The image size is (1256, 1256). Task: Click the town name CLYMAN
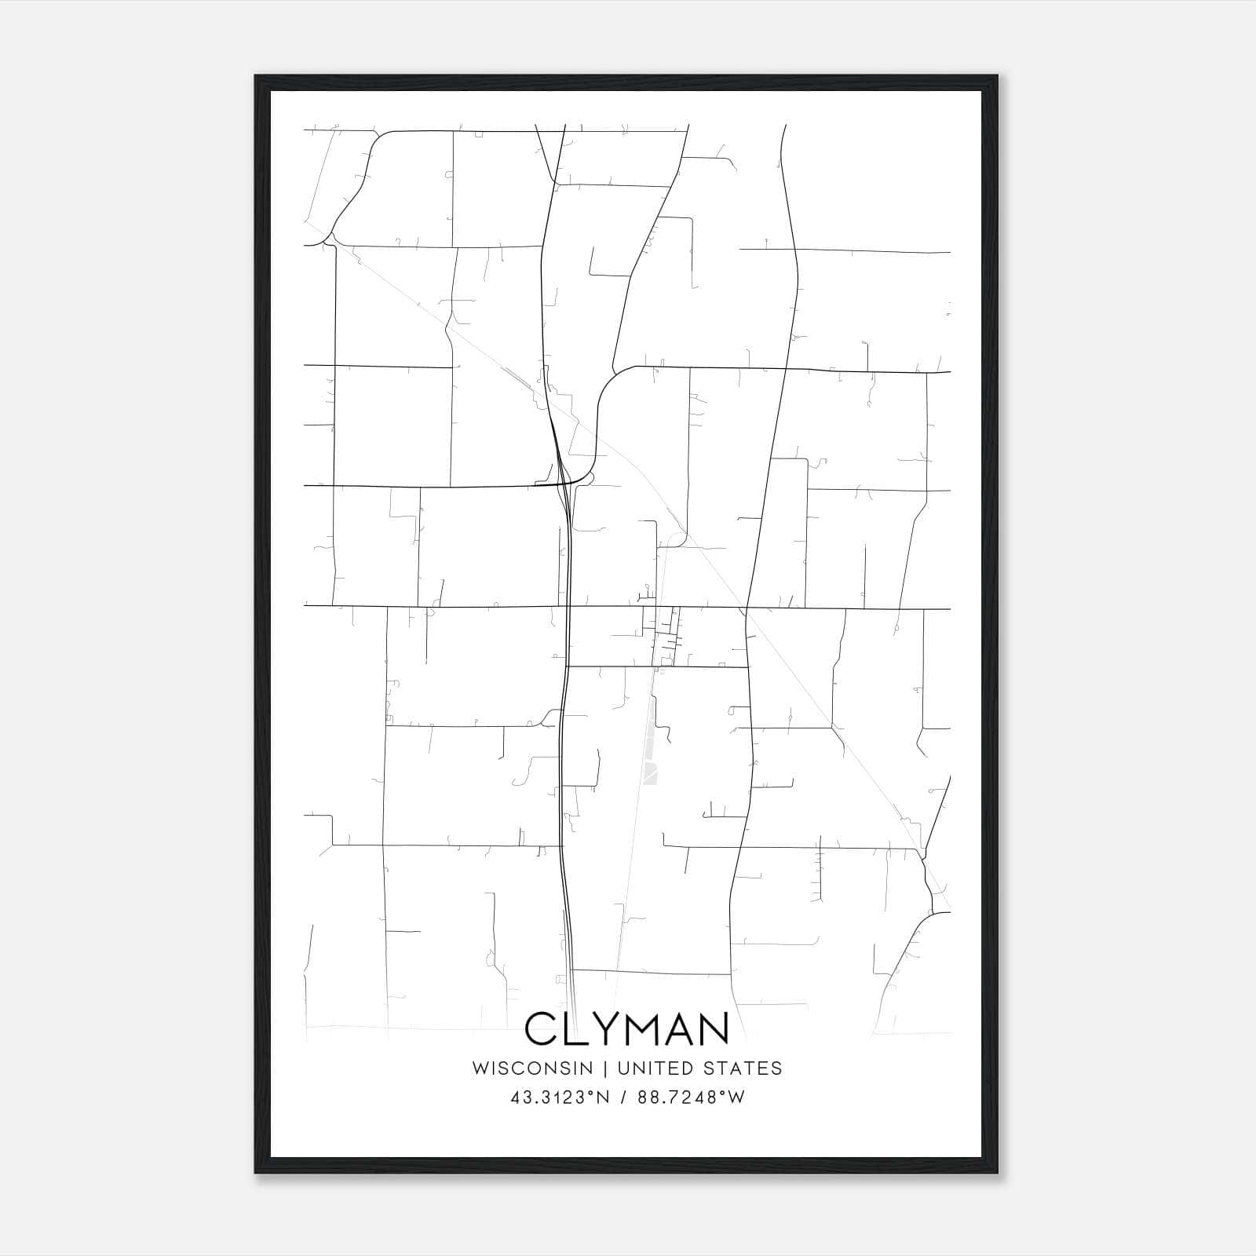(x=626, y=1029)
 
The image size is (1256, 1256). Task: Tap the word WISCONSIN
(x=532, y=1068)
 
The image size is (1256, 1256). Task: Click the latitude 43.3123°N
(x=560, y=1097)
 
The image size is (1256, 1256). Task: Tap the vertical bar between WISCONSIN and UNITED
(x=605, y=1068)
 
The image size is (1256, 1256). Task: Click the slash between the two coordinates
(x=622, y=1097)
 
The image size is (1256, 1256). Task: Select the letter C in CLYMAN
(x=540, y=1029)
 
